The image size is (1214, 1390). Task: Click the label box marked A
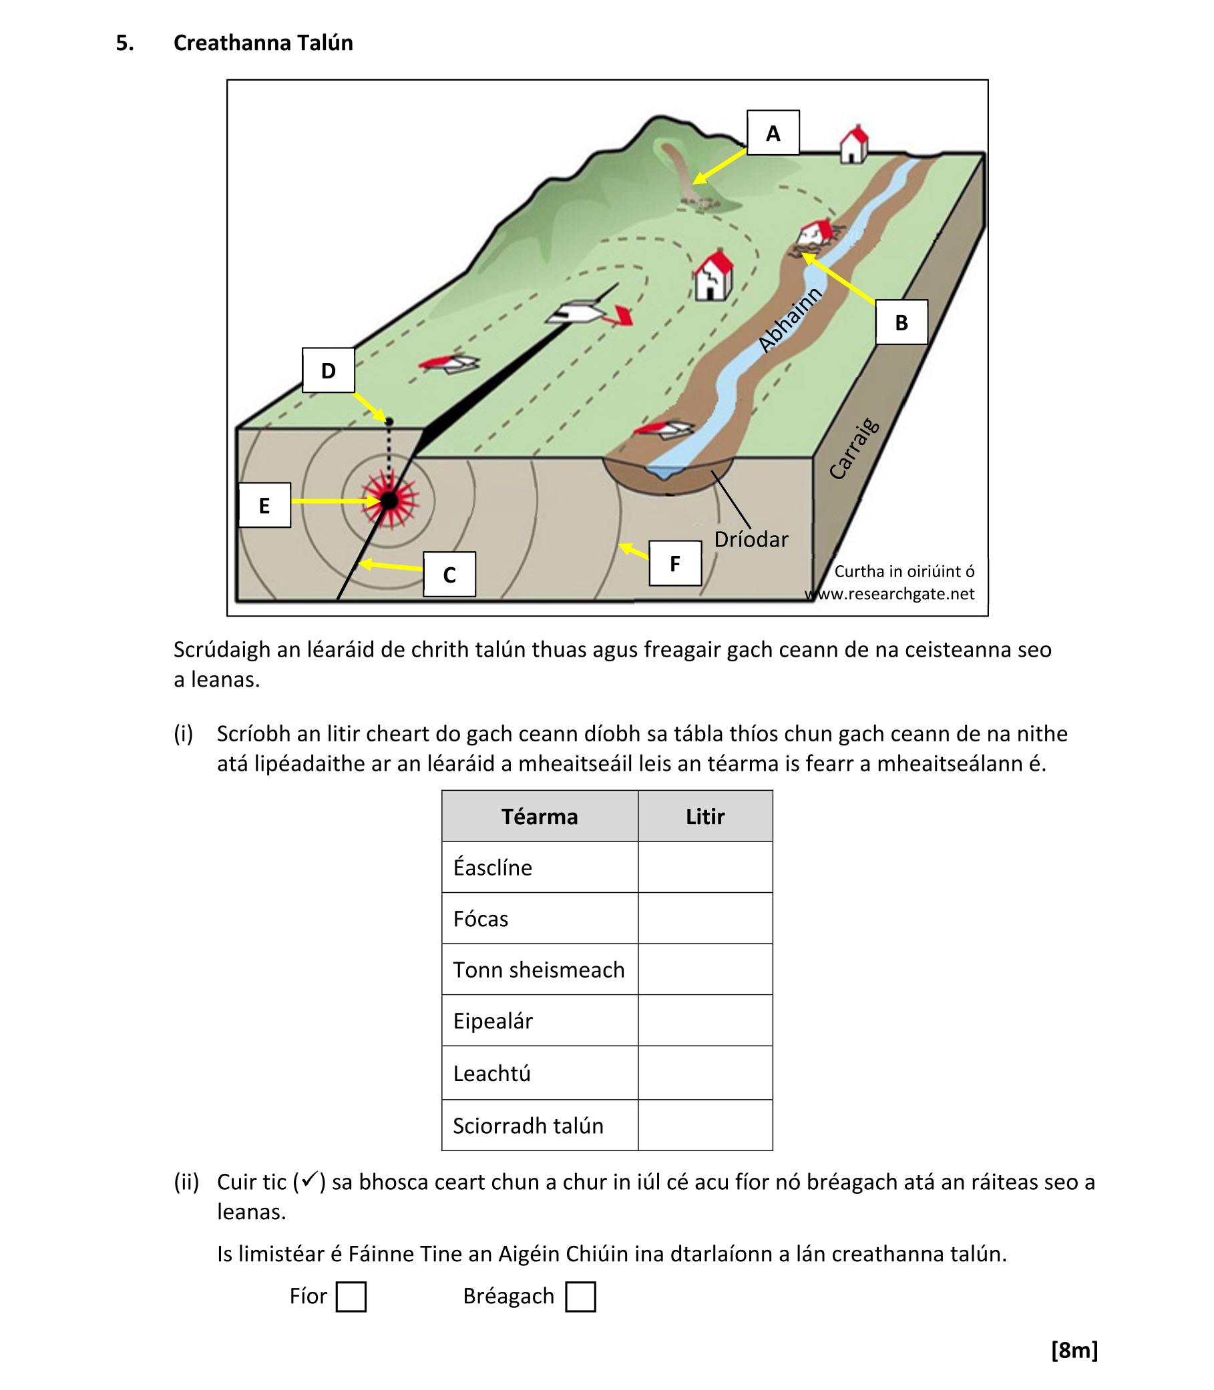(x=773, y=133)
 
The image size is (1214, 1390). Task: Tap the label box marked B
(x=900, y=322)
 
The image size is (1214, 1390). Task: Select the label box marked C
(x=449, y=575)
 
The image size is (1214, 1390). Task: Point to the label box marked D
(x=328, y=370)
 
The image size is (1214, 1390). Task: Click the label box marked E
(x=264, y=505)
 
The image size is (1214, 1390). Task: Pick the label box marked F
(x=674, y=563)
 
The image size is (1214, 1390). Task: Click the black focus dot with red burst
(x=389, y=501)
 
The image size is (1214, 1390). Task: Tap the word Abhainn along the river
(x=789, y=320)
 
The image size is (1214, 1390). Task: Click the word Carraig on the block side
(x=854, y=450)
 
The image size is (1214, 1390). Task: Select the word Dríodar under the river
(x=751, y=540)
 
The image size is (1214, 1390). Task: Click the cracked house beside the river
(x=713, y=276)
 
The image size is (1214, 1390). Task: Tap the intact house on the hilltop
(x=853, y=144)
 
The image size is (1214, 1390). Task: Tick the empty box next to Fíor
(x=351, y=1297)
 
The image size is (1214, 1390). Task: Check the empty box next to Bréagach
(x=580, y=1297)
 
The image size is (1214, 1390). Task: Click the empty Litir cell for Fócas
(x=704, y=918)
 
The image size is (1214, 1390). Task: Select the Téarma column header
(x=540, y=817)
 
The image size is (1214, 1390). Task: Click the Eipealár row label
(x=493, y=1021)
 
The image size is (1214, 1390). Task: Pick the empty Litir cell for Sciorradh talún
(x=704, y=1125)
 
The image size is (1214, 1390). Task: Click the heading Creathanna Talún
(x=263, y=43)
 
